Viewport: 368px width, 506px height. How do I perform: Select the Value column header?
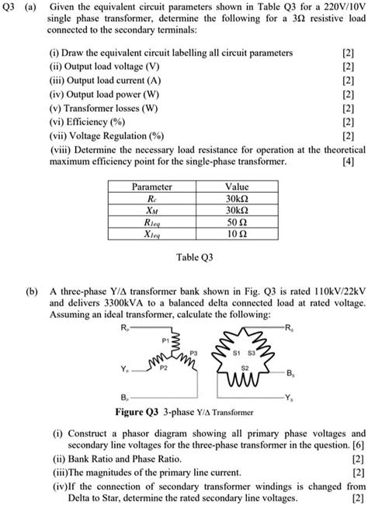click(x=236, y=187)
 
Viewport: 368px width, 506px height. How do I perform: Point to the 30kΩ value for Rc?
click(x=236, y=198)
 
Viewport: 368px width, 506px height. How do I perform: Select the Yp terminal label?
click(x=125, y=370)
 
